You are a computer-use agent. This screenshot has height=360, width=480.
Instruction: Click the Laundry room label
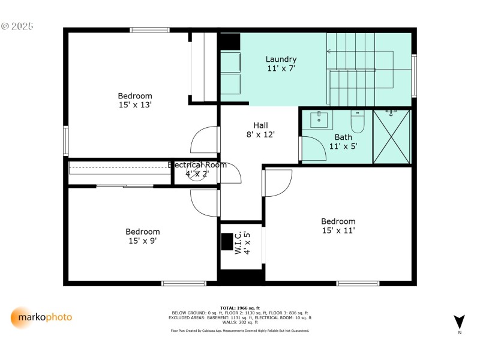281,64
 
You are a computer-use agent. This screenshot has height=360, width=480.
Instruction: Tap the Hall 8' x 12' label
260,130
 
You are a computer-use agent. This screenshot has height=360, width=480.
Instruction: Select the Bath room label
343,141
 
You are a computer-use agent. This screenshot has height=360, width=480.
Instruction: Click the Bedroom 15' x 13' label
134,100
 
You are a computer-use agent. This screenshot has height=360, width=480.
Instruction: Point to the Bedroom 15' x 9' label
142,236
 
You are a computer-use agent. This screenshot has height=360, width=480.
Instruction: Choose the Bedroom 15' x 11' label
338,226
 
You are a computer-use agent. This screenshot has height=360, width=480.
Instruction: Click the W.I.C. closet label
242,243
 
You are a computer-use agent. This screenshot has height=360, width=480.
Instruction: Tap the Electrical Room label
197,169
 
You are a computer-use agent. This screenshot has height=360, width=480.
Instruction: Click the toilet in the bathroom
358,122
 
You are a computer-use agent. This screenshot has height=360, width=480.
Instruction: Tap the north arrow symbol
459,322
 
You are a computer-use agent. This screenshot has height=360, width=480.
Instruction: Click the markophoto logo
41,317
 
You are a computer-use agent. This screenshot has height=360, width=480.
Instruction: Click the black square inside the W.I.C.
227,241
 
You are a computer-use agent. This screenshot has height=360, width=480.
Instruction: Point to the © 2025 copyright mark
17,26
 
